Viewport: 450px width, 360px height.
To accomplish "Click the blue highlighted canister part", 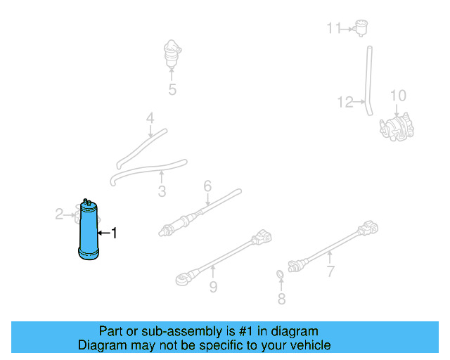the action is pyautogui.click(x=89, y=232).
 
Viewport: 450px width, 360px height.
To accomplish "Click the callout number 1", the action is pyautogui.click(x=115, y=232).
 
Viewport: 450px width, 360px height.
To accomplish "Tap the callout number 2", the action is pyautogui.click(x=60, y=213).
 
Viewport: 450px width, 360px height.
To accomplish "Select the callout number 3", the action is pyautogui.click(x=162, y=191).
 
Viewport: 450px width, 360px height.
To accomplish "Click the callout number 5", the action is pyautogui.click(x=207, y=186).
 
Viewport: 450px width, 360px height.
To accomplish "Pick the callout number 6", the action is pyautogui.click(x=330, y=271).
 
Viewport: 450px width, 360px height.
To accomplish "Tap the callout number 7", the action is pyautogui.click(x=281, y=300).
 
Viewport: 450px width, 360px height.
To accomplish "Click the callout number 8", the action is pyautogui.click(x=213, y=287).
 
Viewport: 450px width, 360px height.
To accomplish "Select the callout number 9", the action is pyautogui.click(x=398, y=96).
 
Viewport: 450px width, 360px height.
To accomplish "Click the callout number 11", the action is pyautogui.click(x=345, y=103).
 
